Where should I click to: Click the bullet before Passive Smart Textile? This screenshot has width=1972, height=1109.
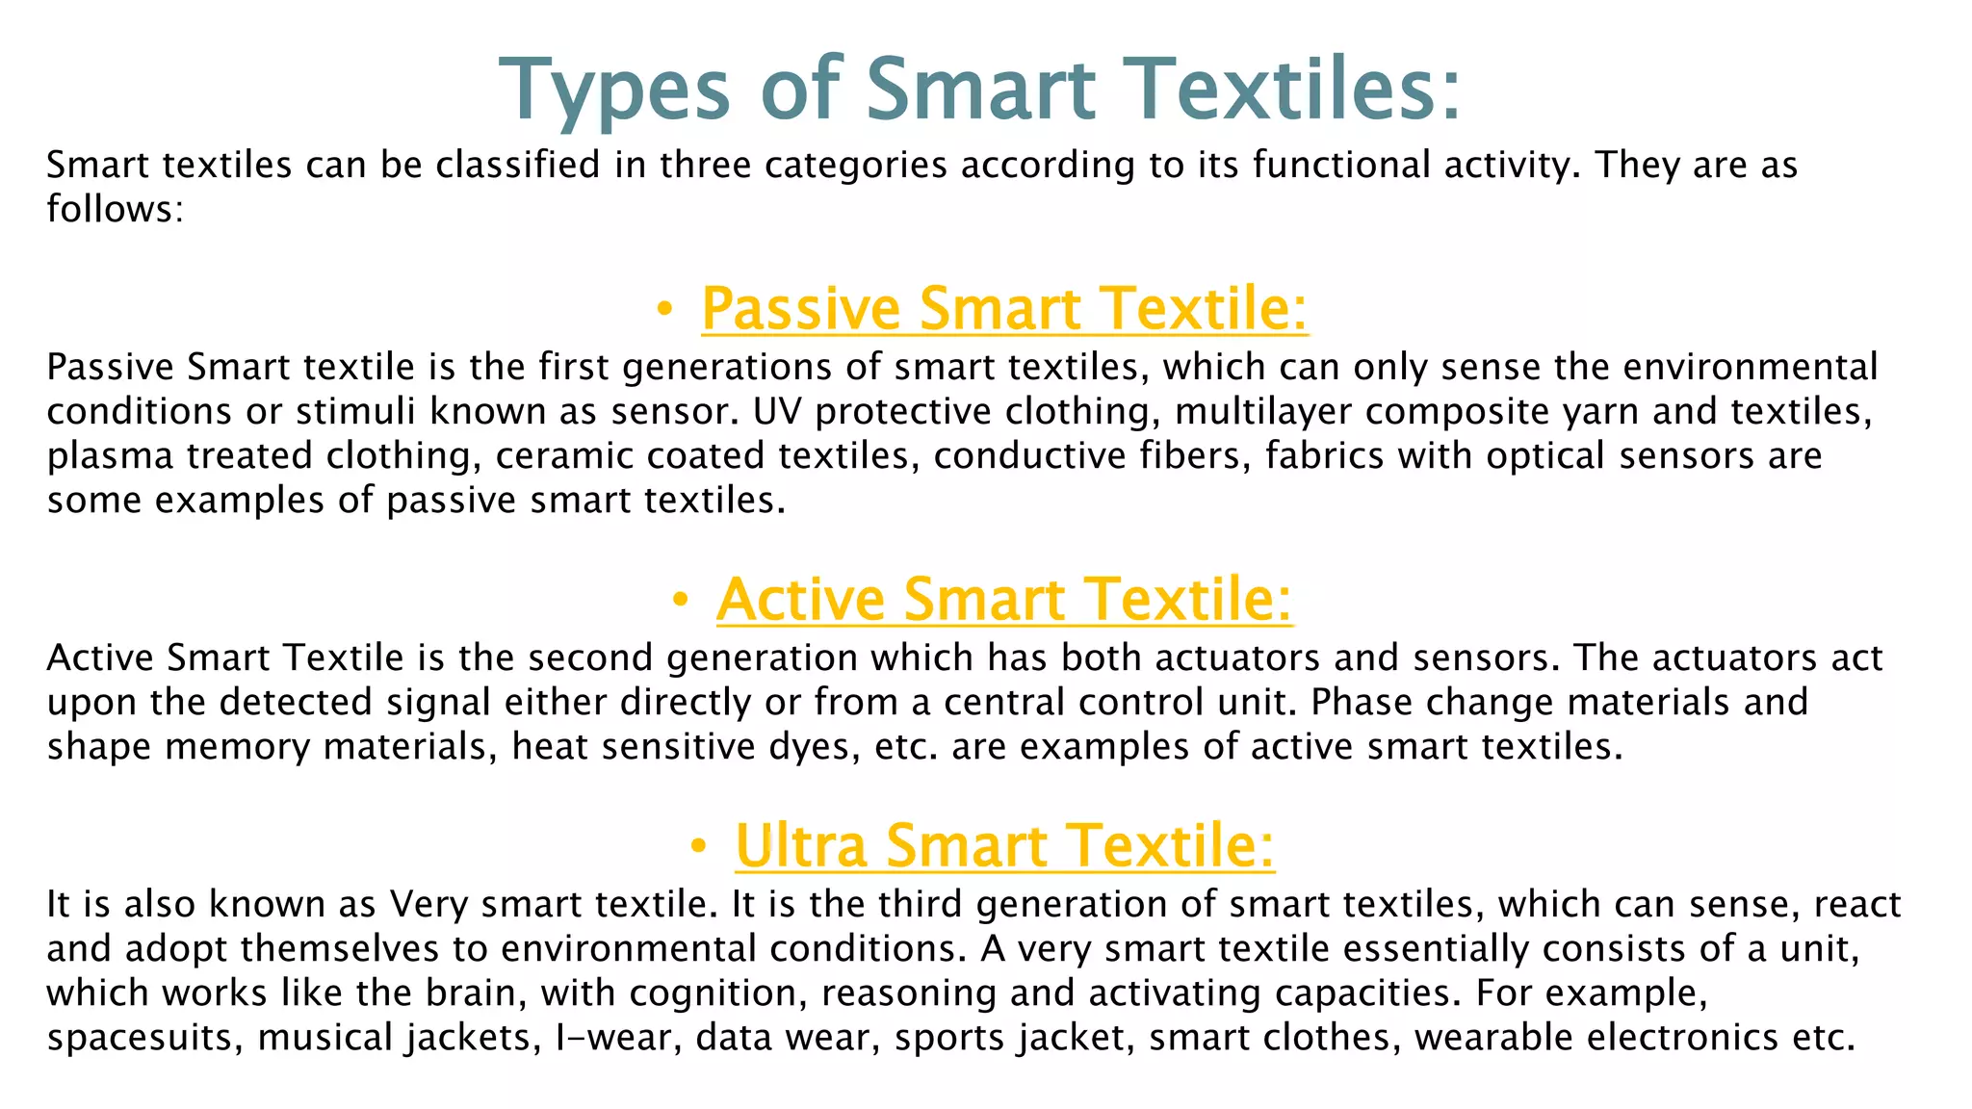663,309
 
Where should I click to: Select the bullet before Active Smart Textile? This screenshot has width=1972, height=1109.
680,600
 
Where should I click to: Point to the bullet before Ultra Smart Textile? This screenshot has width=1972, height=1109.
699,846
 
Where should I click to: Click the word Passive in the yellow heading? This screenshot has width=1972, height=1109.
800,309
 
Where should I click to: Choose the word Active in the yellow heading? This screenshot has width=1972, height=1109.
800,600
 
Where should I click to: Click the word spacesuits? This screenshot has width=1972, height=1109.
144,1038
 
